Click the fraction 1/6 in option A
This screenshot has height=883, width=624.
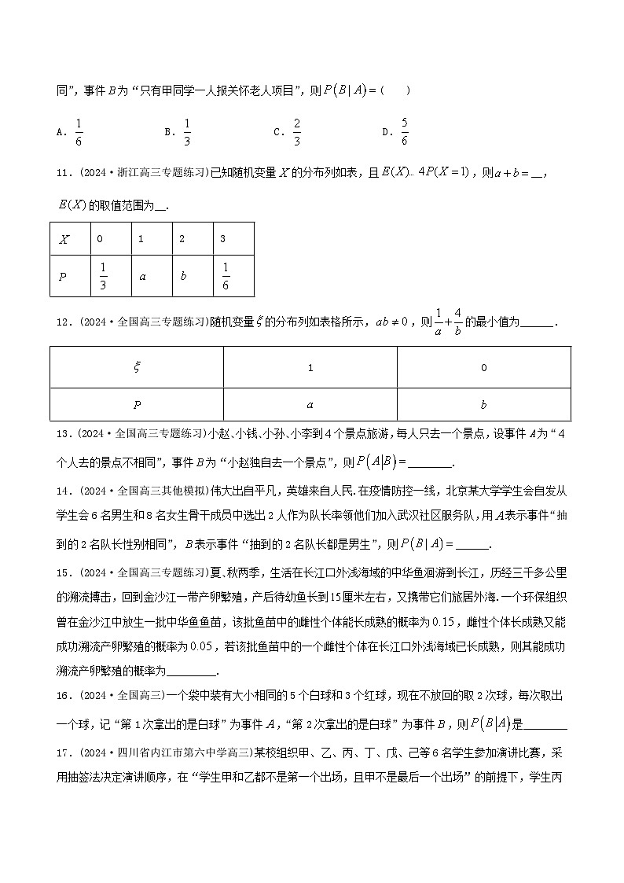79,131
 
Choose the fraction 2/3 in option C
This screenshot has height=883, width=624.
297,131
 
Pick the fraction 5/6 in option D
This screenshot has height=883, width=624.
405,131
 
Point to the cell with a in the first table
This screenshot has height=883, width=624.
143,277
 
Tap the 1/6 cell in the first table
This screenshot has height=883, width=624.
226,276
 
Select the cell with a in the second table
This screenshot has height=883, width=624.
310,405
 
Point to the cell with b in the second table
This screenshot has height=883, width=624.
483,405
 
